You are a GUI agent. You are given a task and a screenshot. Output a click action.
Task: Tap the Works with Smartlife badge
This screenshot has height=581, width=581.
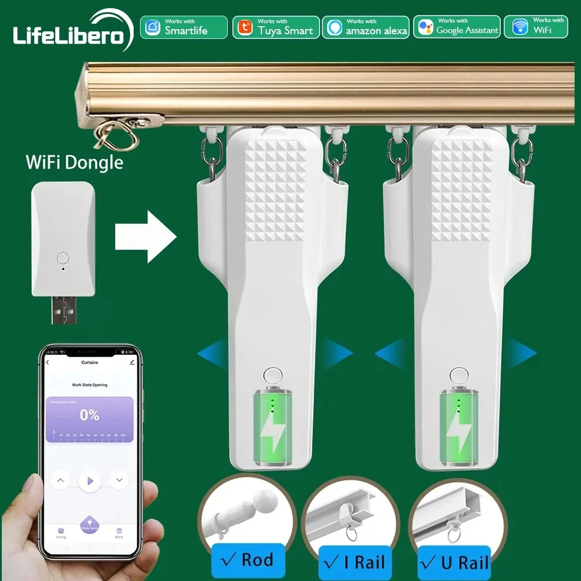[x=184, y=27]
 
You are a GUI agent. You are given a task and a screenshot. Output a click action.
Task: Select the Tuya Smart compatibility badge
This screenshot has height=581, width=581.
[x=276, y=27]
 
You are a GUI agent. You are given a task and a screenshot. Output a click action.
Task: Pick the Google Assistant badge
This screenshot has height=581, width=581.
[x=458, y=27]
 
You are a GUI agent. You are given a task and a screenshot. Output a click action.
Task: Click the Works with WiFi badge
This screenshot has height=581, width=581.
[x=536, y=27]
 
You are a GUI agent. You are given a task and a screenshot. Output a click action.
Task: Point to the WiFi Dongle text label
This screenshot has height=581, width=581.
[x=74, y=162]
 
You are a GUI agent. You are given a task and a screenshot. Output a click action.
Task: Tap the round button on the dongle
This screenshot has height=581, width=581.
[x=63, y=257]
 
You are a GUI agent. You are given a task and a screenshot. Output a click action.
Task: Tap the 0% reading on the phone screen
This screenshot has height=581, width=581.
[x=89, y=415]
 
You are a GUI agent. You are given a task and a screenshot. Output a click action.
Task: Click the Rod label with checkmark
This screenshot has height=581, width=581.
[x=248, y=561]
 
